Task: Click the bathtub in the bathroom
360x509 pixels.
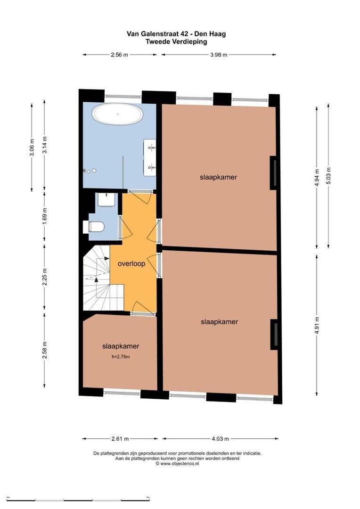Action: point(117,114)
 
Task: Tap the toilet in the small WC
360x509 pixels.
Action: point(94,227)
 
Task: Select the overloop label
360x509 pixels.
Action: point(131,263)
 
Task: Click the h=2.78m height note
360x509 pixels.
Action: point(121,357)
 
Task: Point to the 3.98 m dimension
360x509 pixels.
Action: point(219,55)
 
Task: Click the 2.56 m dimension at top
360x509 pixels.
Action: point(119,55)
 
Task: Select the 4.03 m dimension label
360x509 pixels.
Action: point(221,439)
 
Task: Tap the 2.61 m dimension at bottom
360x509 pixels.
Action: point(120,439)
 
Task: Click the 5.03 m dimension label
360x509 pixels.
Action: point(329,176)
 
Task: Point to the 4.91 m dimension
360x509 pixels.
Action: point(317,326)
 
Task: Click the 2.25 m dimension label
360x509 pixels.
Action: point(45,277)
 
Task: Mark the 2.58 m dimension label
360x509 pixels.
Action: point(45,350)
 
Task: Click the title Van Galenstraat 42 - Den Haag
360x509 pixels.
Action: point(176,34)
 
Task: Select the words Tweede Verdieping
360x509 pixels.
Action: point(176,41)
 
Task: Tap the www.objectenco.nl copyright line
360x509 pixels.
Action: point(177,464)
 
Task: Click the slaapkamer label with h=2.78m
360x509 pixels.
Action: point(121,346)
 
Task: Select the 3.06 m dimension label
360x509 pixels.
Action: point(32,148)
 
